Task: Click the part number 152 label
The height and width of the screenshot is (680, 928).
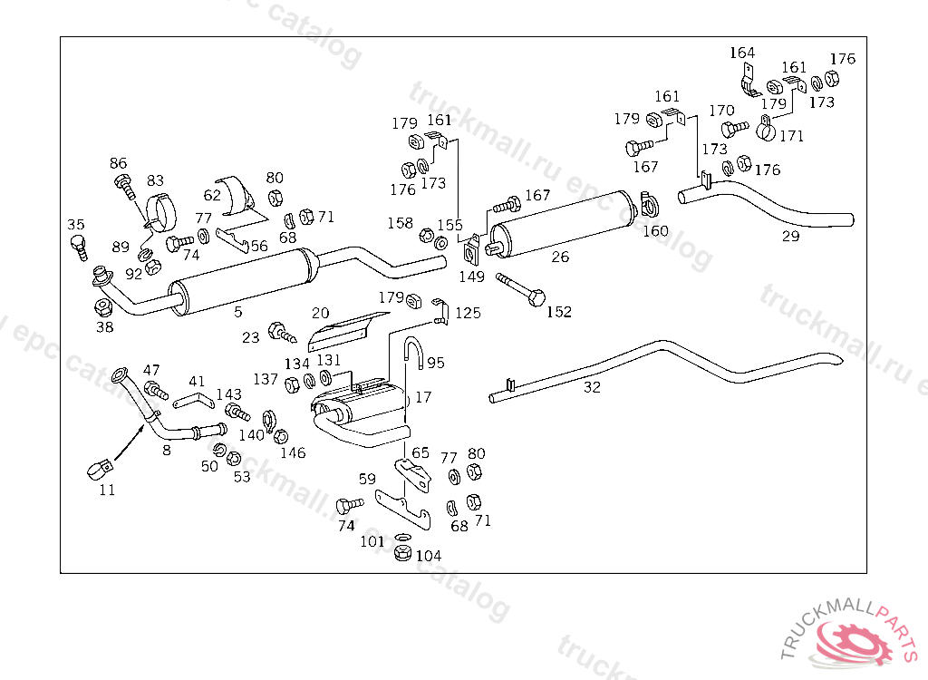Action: pyautogui.click(x=559, y=312)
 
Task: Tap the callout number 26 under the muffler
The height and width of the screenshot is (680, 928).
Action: pyautogui.click(x=560, y=257)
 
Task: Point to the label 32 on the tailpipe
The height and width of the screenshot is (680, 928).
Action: pyautogui.click(x=592, y=386)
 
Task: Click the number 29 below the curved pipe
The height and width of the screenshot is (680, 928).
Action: pyautogui.click(x=791, y=237)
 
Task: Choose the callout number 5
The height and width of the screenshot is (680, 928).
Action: pyautogui.click(x=238, y=312)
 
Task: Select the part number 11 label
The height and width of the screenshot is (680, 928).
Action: pyautogui.click(x=107, y=491)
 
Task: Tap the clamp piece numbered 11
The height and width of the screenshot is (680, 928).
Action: pyautogui.click(x=100, y=468)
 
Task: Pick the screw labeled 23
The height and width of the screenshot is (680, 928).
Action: pyautogui.click(x=282, y=332)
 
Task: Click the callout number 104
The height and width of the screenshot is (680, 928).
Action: pyautogui.click(x=429, y=556)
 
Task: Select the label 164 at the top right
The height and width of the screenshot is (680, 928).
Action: pyautogui.click(x=741, y=53)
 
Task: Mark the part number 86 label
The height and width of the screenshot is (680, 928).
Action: pyautogui.click(x=119, y=163)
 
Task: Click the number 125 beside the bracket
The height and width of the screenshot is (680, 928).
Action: pyautogui.click(x=468, y=314)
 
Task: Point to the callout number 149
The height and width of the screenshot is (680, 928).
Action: pyautogui.click(x=471, y=277)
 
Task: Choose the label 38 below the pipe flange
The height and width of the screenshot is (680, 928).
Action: pyautogui.click(x=105, y=327)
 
